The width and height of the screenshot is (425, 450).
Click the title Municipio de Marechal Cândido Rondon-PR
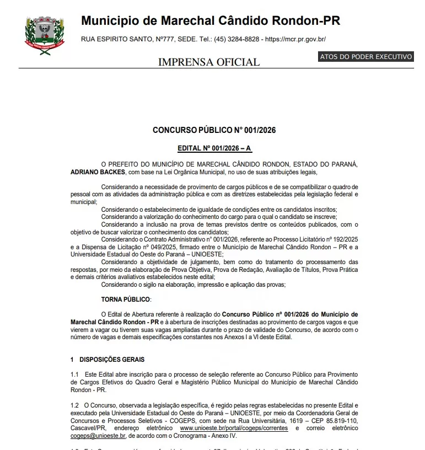(211, 21)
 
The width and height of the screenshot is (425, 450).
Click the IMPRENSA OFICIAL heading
(209, 62)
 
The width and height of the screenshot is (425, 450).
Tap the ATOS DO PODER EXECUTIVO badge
(365, 57)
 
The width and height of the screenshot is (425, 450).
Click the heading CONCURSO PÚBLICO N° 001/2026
(214, 131)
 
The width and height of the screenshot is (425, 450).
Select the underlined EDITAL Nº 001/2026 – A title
(214, 148)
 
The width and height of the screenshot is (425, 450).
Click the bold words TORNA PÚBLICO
(125, 299)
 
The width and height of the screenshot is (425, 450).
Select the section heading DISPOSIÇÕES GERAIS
(112, 360)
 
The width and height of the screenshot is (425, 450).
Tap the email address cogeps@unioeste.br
(98, 435)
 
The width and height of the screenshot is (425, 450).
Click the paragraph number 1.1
(75, 374)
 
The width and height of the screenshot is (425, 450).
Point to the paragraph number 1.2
(75, 405)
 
